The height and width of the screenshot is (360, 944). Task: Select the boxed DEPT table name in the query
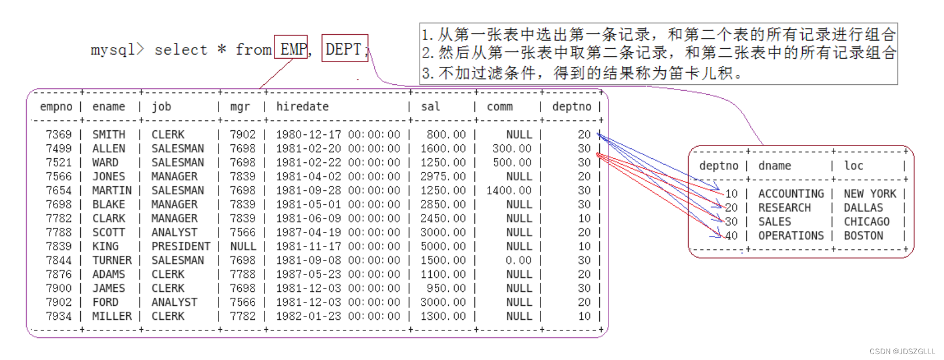344,49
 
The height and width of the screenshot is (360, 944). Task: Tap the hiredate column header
302,106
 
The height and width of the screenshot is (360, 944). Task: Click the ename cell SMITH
109,134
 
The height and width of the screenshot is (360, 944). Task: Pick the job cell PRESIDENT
181,246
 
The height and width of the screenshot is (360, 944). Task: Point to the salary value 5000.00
443,246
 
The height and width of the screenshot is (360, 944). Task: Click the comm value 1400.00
509,190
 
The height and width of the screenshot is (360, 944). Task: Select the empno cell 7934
59,316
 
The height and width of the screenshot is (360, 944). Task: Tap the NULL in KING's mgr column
243,246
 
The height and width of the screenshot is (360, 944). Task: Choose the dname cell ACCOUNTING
791,194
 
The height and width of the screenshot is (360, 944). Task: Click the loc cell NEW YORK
870,194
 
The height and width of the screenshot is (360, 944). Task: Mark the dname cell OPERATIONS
791,236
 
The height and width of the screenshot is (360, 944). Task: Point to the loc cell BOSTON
863,236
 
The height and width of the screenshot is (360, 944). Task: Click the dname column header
774,166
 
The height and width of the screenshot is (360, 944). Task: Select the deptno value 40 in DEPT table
731,236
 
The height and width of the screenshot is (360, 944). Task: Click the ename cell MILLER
112,316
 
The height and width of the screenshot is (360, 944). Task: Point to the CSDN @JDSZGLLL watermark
902,351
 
